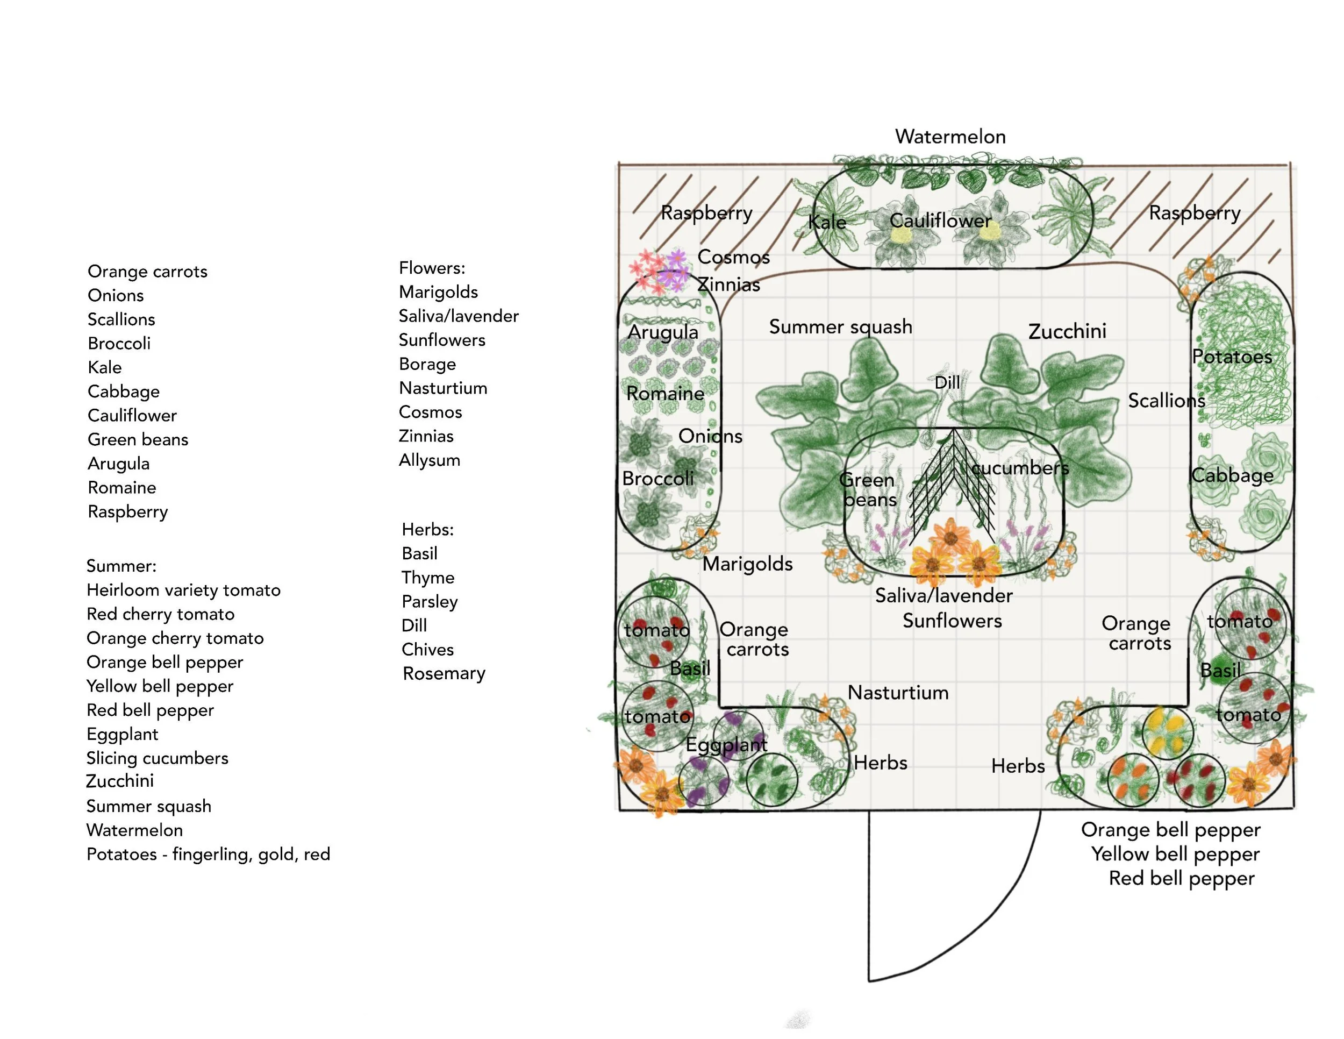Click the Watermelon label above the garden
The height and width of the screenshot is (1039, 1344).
(x=949, y=136)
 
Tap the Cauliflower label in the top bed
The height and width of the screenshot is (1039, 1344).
(x=940, y=220)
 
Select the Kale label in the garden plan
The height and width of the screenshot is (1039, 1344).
(x=826, y=222)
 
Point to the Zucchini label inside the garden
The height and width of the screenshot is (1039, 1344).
(x=1067, y=331)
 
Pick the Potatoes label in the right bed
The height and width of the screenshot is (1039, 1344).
(x=1232, y=357)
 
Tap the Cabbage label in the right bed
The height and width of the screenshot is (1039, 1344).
(x=1232, y=475)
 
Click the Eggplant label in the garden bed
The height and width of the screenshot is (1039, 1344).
(x=726, y=745)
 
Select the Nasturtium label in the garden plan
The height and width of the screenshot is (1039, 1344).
(x=898, y=693)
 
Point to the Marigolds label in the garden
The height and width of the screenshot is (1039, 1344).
(x=747, y=563)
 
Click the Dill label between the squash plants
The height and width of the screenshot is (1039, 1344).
(x=947, y=382)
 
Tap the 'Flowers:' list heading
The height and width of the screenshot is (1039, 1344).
(x=432, y=268)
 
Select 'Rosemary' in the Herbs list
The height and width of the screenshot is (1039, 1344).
(x=444, y=673)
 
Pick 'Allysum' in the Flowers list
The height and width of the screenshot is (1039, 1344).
(x=430, y=460)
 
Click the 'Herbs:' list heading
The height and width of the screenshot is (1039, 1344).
(x=428, y=529)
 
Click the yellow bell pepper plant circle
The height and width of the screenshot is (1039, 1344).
(x=1167, y=731)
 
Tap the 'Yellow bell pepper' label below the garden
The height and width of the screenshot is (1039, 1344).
(x=1175, y=853)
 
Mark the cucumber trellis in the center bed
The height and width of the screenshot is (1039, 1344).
(x=953, y=480)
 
